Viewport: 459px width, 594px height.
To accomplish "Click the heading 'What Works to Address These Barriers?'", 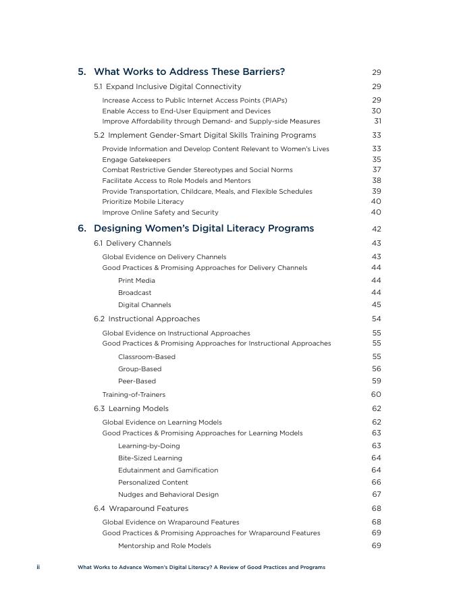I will pyautogui.click(x=189, y=72).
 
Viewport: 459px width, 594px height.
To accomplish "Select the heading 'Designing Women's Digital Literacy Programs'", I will pyautogui.click(x=203, y=228).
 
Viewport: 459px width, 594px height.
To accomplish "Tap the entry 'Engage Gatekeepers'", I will pyautogui.click(x=136, y=159).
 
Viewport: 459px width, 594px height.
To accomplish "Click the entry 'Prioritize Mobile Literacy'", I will pyautogui.click(x=142, y=201).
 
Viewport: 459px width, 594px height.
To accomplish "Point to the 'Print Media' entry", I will pyautogui.click(x=136, y=280).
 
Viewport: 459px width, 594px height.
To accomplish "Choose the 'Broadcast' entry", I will pyautogui.click(x=134, y=292).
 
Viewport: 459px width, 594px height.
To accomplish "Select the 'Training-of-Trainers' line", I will pyautogui.click(x=134, y=394).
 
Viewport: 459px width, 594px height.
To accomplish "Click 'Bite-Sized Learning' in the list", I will pyautogui.click(x=150, y=458).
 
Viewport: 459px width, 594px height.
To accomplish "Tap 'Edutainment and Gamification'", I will pyautogui.click(x=168, y=470).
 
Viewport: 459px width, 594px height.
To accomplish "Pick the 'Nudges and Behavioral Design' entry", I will pyautogui.click(x=168, y=494).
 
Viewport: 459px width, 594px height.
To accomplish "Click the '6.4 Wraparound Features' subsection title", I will pyautogui.click(x=141, y=508).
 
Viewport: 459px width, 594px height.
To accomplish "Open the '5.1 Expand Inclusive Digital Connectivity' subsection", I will pyautogui.click(x=167, y=86).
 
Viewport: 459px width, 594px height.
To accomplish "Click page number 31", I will pyautogui.click(x=377, y=122).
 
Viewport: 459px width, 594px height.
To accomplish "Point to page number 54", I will pyautogui.click(x=376, y=319).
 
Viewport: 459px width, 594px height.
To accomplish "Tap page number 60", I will pyautogui.click(x=376, y=394).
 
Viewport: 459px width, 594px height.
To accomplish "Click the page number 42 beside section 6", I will pyautogui.click(x=376, y=229).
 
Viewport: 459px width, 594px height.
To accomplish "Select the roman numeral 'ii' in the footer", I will pyautogui.click(x=38, y=567).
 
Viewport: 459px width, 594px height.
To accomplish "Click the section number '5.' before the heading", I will pyautogui.click(x=82, y=72).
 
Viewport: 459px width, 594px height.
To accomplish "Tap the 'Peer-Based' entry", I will pyautogui.click(x=136, y=381).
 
